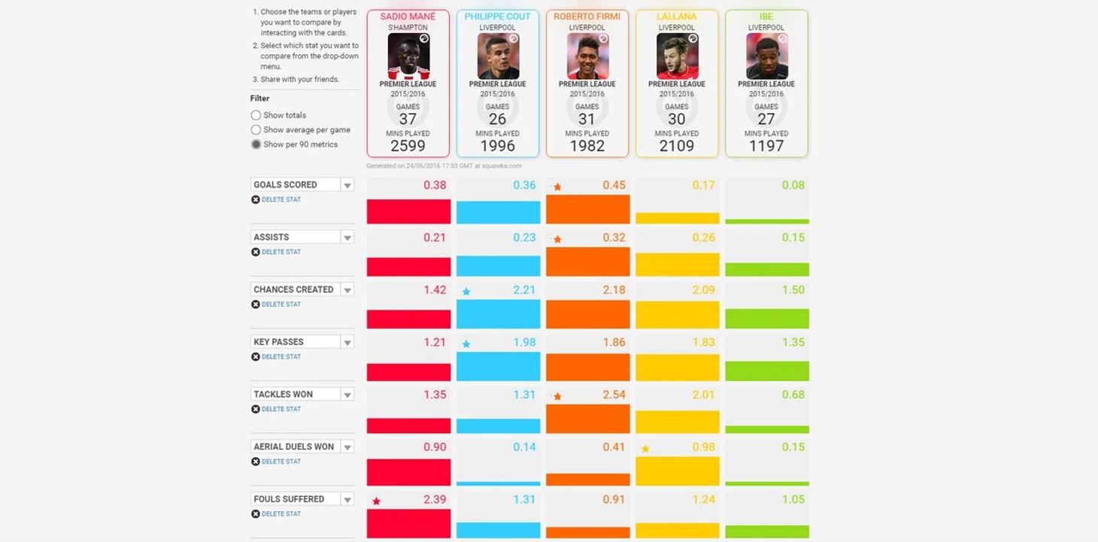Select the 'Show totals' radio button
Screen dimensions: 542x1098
[x=256, y=115]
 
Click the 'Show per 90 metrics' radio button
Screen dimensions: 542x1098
[x=256, y=144]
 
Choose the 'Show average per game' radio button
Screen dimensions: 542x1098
[x=256, y=130]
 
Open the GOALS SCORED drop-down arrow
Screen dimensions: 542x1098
[x=347, y=185]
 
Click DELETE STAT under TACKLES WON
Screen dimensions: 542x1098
[x=281, y=409]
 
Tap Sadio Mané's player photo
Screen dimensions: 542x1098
[x=408, y=56]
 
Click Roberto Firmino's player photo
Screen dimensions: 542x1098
[x=587, y=56]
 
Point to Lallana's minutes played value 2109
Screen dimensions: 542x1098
[x=677, y=146]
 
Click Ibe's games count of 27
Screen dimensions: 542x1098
[x=766, y=119]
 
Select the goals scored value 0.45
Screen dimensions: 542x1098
[x=614, y=185]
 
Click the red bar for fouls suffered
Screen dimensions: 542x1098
[x=408, y=523]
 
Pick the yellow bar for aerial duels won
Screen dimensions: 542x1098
[x=677, y=471]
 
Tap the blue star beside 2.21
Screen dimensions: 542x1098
[x=466, y=292]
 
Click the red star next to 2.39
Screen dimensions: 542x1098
[x=376, y=501]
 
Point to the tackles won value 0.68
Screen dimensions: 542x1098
[x=793, y=395]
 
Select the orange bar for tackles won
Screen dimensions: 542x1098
[x=587, y=419]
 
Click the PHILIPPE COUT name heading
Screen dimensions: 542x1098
[x=498, y=17]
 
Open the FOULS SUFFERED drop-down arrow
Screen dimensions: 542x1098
[x=347, y=499]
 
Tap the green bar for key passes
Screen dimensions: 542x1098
[x=766, y=371]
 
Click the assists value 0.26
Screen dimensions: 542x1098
[x=703, y=238]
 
